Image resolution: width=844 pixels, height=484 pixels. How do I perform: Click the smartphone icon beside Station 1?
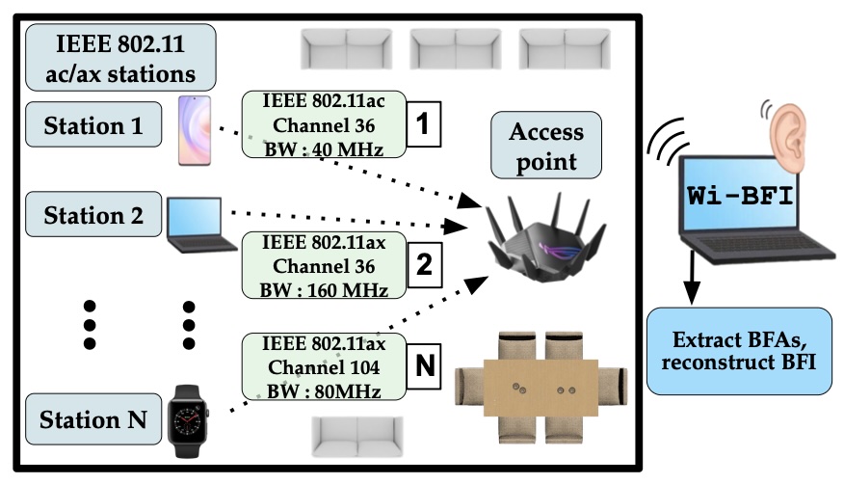point(192,130)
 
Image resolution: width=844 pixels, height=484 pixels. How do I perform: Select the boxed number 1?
point(425,124)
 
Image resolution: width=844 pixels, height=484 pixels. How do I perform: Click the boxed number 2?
point(425,262)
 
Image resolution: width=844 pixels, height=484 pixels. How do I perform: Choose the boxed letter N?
point(425,365)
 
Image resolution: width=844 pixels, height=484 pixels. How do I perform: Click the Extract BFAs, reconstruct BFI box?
point(738,351)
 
